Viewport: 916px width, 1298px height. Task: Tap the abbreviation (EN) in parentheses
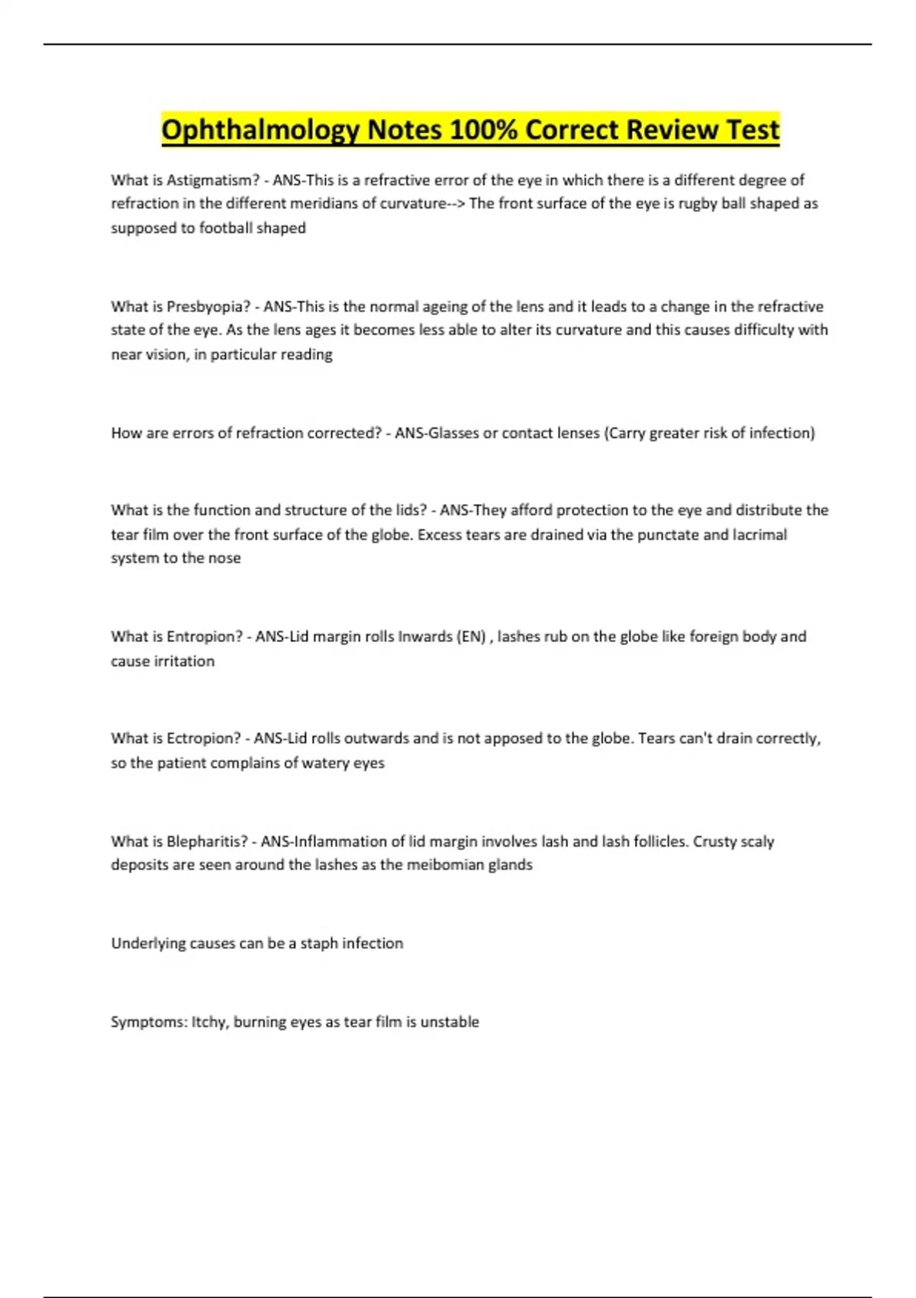tap(471, 637)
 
